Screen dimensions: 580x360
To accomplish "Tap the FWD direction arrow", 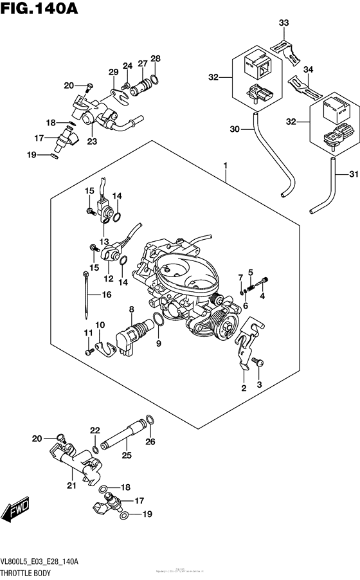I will [15, 512].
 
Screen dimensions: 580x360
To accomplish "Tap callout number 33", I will [283, 23].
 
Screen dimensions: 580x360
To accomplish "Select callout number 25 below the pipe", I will [126, 455].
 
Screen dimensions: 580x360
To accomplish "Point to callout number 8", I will [131, 310].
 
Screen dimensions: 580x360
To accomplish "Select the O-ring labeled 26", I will [149, 421].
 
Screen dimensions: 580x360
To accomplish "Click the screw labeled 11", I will [87, 352].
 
